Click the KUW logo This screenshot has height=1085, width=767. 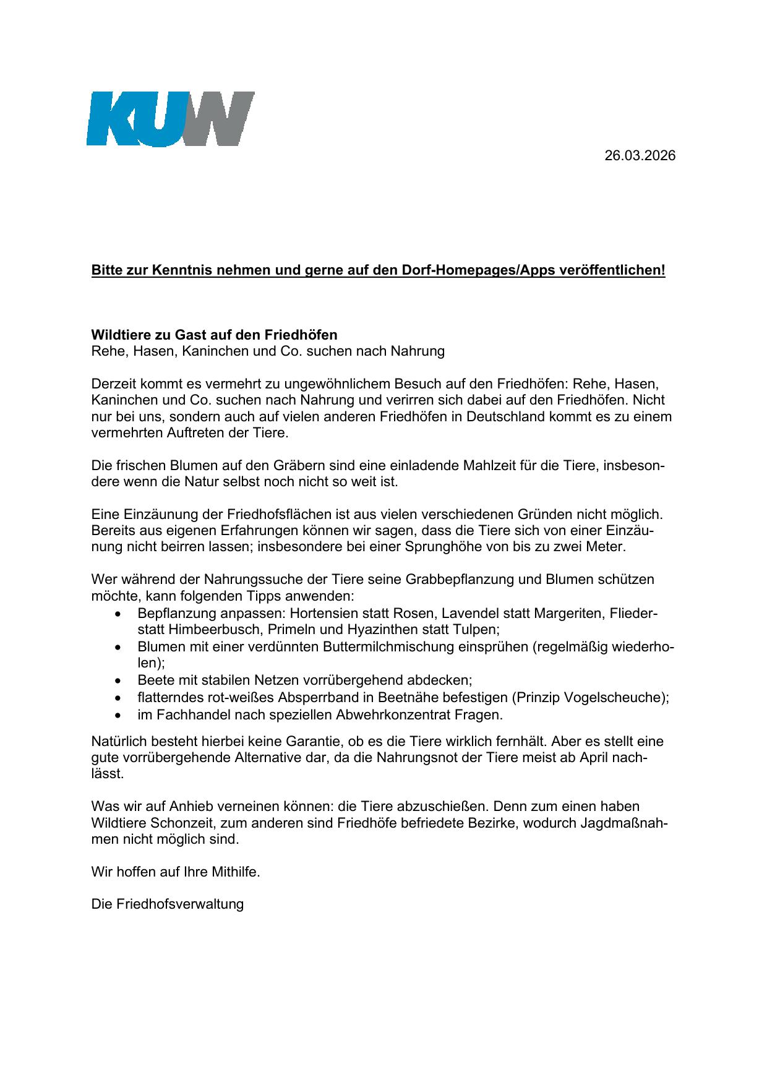(x=170, y=119)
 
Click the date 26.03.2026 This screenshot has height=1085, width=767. (x=640, y=156)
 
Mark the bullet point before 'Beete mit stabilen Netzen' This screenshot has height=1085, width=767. (x=118, y=681)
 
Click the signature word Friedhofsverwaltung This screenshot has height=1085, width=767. (x=180, y=904)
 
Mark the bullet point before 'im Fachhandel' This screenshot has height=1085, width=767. (x=118, y=715)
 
